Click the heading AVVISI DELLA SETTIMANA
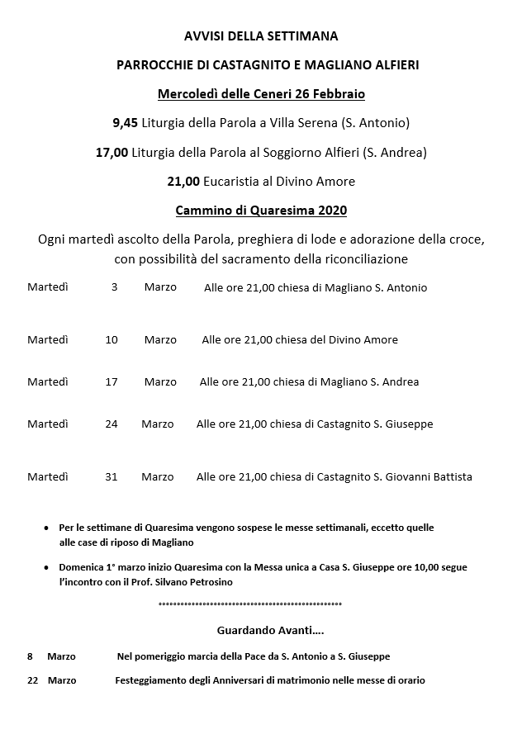[x=261, y=36]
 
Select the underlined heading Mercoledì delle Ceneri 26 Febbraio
[x=261, y=93]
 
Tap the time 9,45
[x=126, y=123]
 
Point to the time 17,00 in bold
[x=112, y=152]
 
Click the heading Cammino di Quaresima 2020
[x=261, y=210]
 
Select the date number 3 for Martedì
[x=114, y=287]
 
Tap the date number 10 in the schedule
[x=112, y=339]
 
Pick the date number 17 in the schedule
[x=112, y=381]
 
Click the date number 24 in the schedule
[x=112, y=424]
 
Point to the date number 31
[x=112, y=476]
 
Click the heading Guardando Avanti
[x=270, y=630]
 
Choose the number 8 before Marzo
[x=30, y=656]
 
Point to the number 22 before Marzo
[x=33, y=680]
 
